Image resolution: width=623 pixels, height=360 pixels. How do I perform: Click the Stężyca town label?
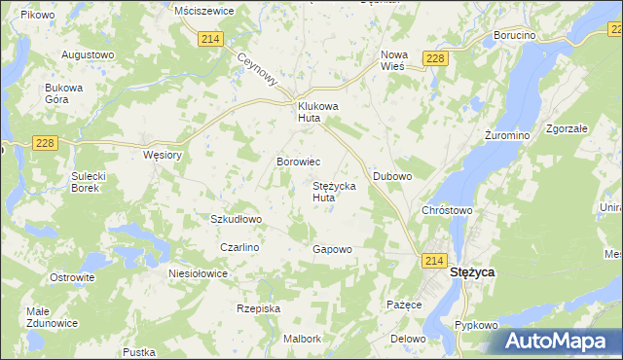click(x=471, y=273)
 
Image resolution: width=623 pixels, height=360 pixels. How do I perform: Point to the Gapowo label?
click(x=331, y=249)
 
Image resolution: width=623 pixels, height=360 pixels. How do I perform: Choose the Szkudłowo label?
click(x=237, y=219)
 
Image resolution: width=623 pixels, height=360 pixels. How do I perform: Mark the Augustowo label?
click(x=88, y=54)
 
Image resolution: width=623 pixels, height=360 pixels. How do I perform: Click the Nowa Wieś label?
click(x=393, y=60)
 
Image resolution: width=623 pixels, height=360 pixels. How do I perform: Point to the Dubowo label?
click(x=393, y=176)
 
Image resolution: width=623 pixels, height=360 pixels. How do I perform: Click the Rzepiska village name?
click(x=258, y=308)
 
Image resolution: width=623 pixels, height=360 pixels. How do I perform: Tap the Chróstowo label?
click(x=447, y=209)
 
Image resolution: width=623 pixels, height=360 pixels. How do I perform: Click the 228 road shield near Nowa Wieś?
click(x=435, y=59)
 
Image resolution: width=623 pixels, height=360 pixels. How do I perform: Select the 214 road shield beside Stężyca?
click(x=434, y=261)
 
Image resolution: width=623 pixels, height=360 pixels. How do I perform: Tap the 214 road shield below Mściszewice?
click(x=210, y=38)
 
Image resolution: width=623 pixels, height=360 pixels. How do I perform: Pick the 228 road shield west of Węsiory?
click(x=44, y=143)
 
